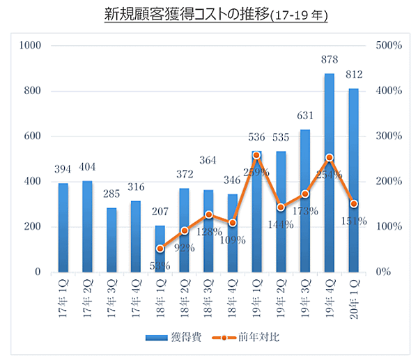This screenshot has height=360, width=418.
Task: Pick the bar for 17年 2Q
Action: pyautogui.click(x=87, y=226)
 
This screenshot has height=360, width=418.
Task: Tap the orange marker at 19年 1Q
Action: pyautogui.click(x=256, y=155)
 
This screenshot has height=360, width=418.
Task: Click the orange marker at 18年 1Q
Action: pyautogui.click(x=160, y=249)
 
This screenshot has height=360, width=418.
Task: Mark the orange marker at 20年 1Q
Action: pyautogui.click(x=354, y=204)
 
